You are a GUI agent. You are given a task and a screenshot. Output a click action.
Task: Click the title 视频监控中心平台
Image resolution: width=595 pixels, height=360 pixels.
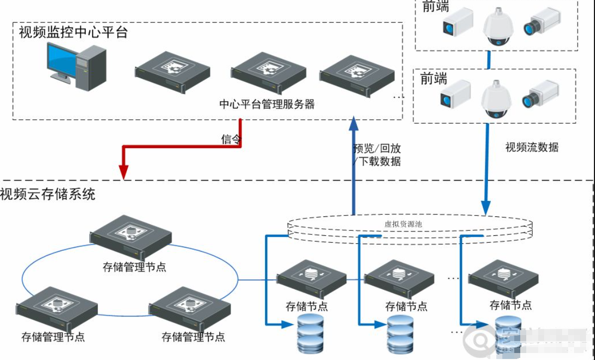73,32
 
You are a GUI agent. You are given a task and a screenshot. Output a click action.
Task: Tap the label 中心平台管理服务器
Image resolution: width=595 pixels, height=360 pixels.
267,104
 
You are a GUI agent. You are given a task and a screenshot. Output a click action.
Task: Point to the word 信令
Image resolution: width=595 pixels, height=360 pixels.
231,139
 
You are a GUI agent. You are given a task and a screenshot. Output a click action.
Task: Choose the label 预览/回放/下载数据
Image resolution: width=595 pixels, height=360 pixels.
377,155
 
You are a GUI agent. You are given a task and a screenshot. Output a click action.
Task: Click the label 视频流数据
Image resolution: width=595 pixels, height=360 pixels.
532,147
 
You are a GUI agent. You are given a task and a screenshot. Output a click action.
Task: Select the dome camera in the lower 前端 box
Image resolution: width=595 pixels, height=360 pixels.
496,99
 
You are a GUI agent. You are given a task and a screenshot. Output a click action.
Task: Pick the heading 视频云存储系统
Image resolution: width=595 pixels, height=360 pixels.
47,193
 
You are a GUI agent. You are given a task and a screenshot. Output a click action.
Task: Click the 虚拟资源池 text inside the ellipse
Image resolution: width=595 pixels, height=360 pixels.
403,224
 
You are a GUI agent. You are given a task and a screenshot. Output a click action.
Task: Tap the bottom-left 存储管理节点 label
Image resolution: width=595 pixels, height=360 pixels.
53,337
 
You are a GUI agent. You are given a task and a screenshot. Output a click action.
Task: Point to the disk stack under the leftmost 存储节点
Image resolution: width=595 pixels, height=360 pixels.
310,333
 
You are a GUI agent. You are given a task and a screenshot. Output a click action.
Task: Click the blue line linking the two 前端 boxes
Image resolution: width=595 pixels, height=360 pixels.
489,59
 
